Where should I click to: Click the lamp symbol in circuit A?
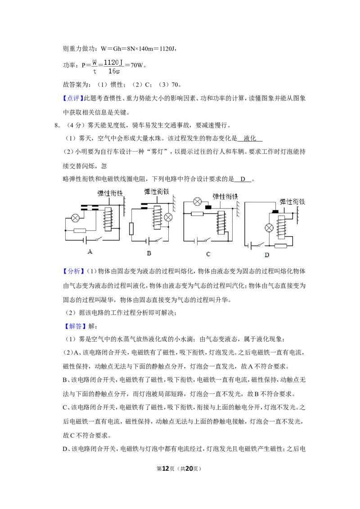[x=75, y=218]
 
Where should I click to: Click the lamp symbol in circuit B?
[x=168, y=218]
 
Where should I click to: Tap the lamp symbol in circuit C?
[x=197, y=201]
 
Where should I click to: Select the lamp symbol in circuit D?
[x=269, y=228]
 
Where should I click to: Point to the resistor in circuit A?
[x=80, y=231]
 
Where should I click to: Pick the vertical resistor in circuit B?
[x=131, y=228]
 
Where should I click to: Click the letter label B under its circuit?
[x=149, y=253]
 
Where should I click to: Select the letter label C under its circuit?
[x=208, y=254]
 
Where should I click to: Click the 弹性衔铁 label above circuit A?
[x=110, y=193]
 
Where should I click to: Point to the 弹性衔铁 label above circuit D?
[x=292, y=201]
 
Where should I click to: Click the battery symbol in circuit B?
[x=148, y=241]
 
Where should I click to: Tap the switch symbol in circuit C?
[x=206, y=240]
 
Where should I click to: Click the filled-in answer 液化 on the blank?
[x=250, y=138]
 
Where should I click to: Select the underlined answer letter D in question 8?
[x=243, y=179]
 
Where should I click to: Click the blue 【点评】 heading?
[x=73, y=98]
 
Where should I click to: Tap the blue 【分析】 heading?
[x=73, y=272]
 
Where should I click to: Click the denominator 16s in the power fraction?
[x=114, y=71]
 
